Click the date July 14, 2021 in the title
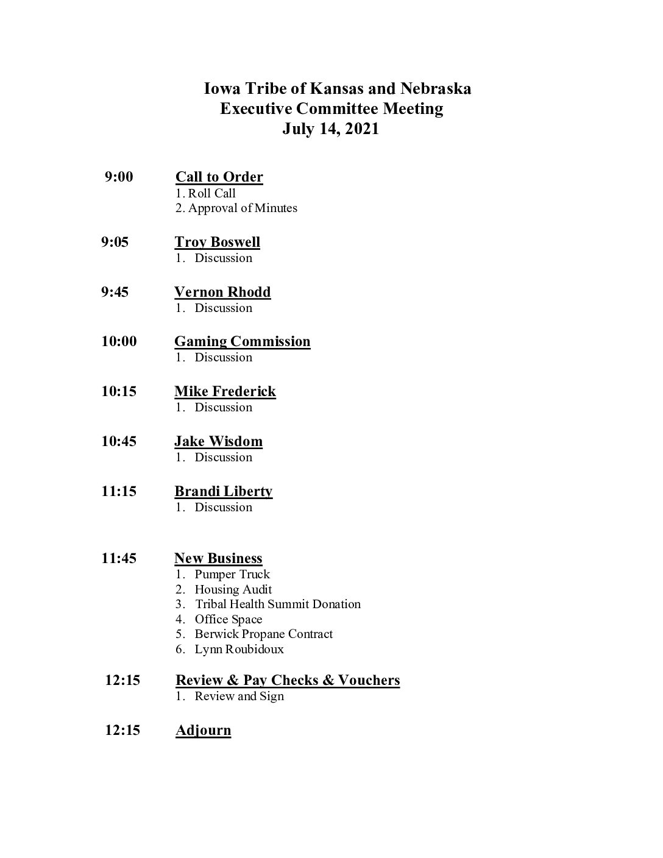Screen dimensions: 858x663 [x=330, y=129]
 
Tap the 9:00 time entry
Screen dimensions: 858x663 [x=119, y=177]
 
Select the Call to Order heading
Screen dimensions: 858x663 [x=219, y=177]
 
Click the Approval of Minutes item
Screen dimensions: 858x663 [x=242, y=208]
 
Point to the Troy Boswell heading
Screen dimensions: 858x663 [x=217, y=242]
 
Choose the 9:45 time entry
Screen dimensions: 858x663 [x=115, y=292]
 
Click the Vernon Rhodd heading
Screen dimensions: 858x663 [x=222, y=292]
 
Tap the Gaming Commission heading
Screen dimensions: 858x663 [x=242, y=341]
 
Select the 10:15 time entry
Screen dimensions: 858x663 [x=119, y=391]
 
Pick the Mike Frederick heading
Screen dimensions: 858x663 [x=225, y=391]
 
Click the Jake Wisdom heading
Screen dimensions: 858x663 [x=218, y=441]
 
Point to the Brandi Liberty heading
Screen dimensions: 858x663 [x=223, y=491]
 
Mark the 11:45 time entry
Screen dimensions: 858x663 [x=119, y=558]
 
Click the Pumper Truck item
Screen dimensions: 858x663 [x=232, y=575]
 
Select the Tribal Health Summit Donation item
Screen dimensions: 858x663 [x=277, y=604]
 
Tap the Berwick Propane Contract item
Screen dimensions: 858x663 [x=263, y=634]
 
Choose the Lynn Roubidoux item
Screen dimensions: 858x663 [x=239, y=650]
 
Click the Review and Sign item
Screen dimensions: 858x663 [x=239, y=697]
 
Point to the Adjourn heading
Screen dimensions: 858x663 [x=203, y=730]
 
